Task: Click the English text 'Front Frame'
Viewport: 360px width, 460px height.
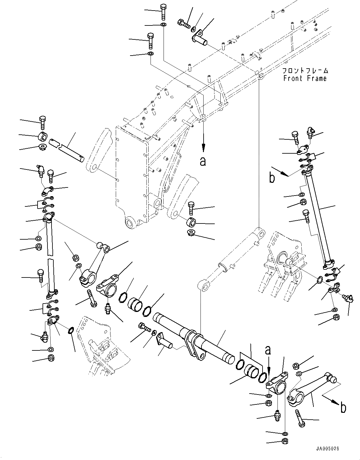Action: click(305, 79)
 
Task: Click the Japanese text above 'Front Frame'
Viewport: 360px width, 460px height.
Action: click(305, 70)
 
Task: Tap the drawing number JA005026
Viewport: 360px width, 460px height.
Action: click(328, 449)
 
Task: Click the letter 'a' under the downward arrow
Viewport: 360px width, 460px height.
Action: click(203, 161)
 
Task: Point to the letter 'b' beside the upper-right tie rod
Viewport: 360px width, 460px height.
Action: click(272, 178)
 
